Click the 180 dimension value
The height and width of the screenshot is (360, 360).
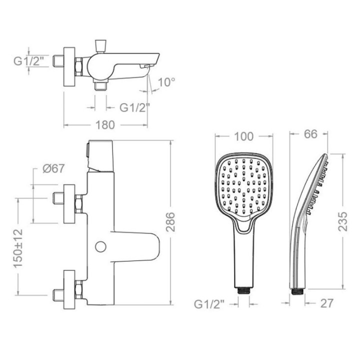point(105,125)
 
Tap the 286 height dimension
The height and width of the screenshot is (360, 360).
point(170,222)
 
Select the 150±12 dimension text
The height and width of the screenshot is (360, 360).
point(18,248)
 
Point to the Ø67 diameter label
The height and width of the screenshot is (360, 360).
point(53,169)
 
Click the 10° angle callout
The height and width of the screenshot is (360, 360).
point(167,82)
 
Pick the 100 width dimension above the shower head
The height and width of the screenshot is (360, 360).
point(243,136)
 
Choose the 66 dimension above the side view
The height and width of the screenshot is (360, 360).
point(310,134)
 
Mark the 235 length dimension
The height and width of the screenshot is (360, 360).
point(342,221)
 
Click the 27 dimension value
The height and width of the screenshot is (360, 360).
point(326,303)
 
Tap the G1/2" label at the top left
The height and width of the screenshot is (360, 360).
point(28,61)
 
